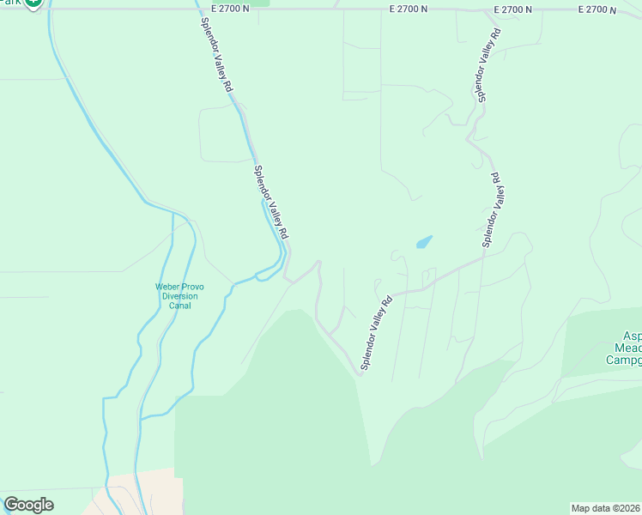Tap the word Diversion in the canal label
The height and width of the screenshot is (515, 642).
pyautogui.click(x=180, y=296)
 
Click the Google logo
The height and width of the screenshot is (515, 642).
pyautogui.click(x=28, y=505)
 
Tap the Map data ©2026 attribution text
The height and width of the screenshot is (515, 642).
pyautogui.click(x=605, y=508)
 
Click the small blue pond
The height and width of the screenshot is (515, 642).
pyautogui.click(x=424, y=242)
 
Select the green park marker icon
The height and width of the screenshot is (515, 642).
pyautogui.click(x=33, y=3)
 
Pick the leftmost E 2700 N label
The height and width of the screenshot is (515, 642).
pyautogui.click(x=229, y=9)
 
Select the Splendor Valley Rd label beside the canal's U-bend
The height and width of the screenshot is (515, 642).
pyautogui.click(x=271, y=203)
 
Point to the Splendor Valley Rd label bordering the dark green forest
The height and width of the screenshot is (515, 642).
pyautogui.click(x=377, y=334)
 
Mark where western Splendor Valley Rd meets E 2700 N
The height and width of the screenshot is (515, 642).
pyautogui.click(x=189, y=9)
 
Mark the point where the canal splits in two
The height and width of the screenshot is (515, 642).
pyautogui.click(x=173, y=212)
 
